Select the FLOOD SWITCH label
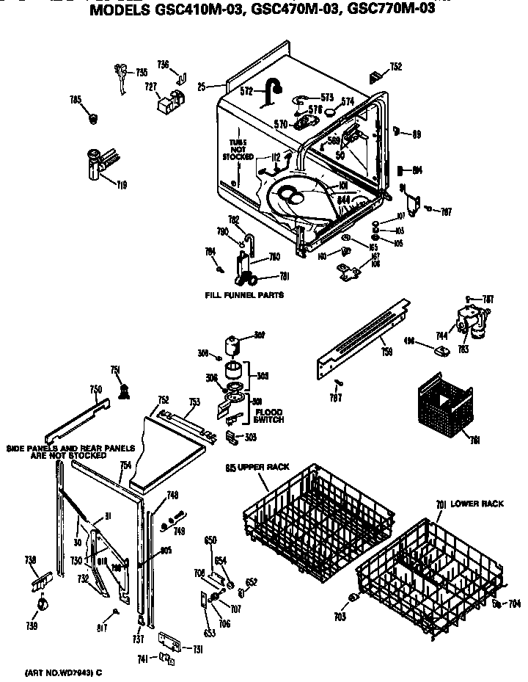268,416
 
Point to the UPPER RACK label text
254,468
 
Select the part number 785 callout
75,99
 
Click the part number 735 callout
141,72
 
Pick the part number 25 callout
201,87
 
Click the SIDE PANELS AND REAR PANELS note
70,451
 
